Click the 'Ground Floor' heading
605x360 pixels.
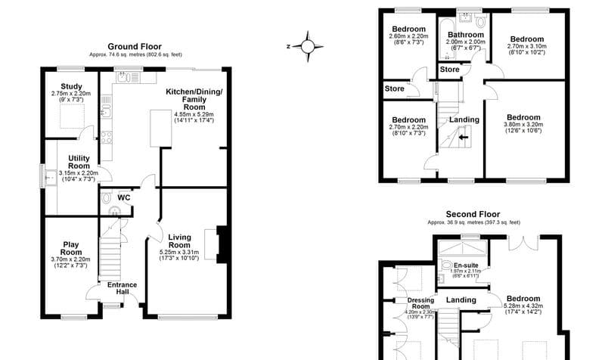(135, 46)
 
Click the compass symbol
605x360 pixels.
(307, 46)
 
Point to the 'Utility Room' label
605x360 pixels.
(78, 161)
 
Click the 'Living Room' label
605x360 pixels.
(178, 241)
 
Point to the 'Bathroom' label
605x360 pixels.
(465, 35)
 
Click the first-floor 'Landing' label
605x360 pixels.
(464, 119)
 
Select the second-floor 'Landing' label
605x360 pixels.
(461, 300)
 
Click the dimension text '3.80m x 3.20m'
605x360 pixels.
(523, 126)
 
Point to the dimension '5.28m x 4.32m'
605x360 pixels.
(523, 306)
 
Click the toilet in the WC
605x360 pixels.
(114, 212)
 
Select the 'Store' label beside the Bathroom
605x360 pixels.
(449, 71)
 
